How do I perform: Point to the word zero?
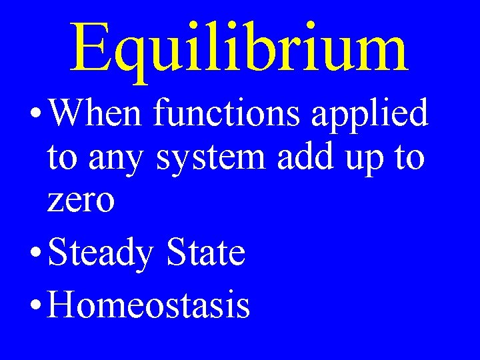point(81,201)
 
